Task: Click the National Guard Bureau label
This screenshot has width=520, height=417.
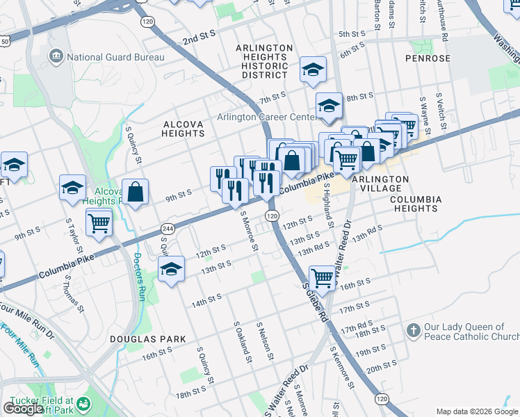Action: (x=115, y=56)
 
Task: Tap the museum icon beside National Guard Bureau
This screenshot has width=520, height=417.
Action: (x=56, y=56)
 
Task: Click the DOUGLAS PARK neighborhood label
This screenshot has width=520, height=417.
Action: (x=147, y=339)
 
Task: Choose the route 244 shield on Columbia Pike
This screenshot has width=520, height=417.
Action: (x=167, y=229)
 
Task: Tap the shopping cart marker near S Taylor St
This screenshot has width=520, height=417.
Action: (x=99, y=222)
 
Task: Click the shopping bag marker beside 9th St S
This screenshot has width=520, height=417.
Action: (x=136, y=191)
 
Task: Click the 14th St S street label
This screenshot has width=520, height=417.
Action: (x=206, y=299)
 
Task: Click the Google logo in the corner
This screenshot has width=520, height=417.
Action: (x=22, y=409)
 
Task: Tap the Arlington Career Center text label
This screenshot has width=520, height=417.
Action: (x=266, y=117)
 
